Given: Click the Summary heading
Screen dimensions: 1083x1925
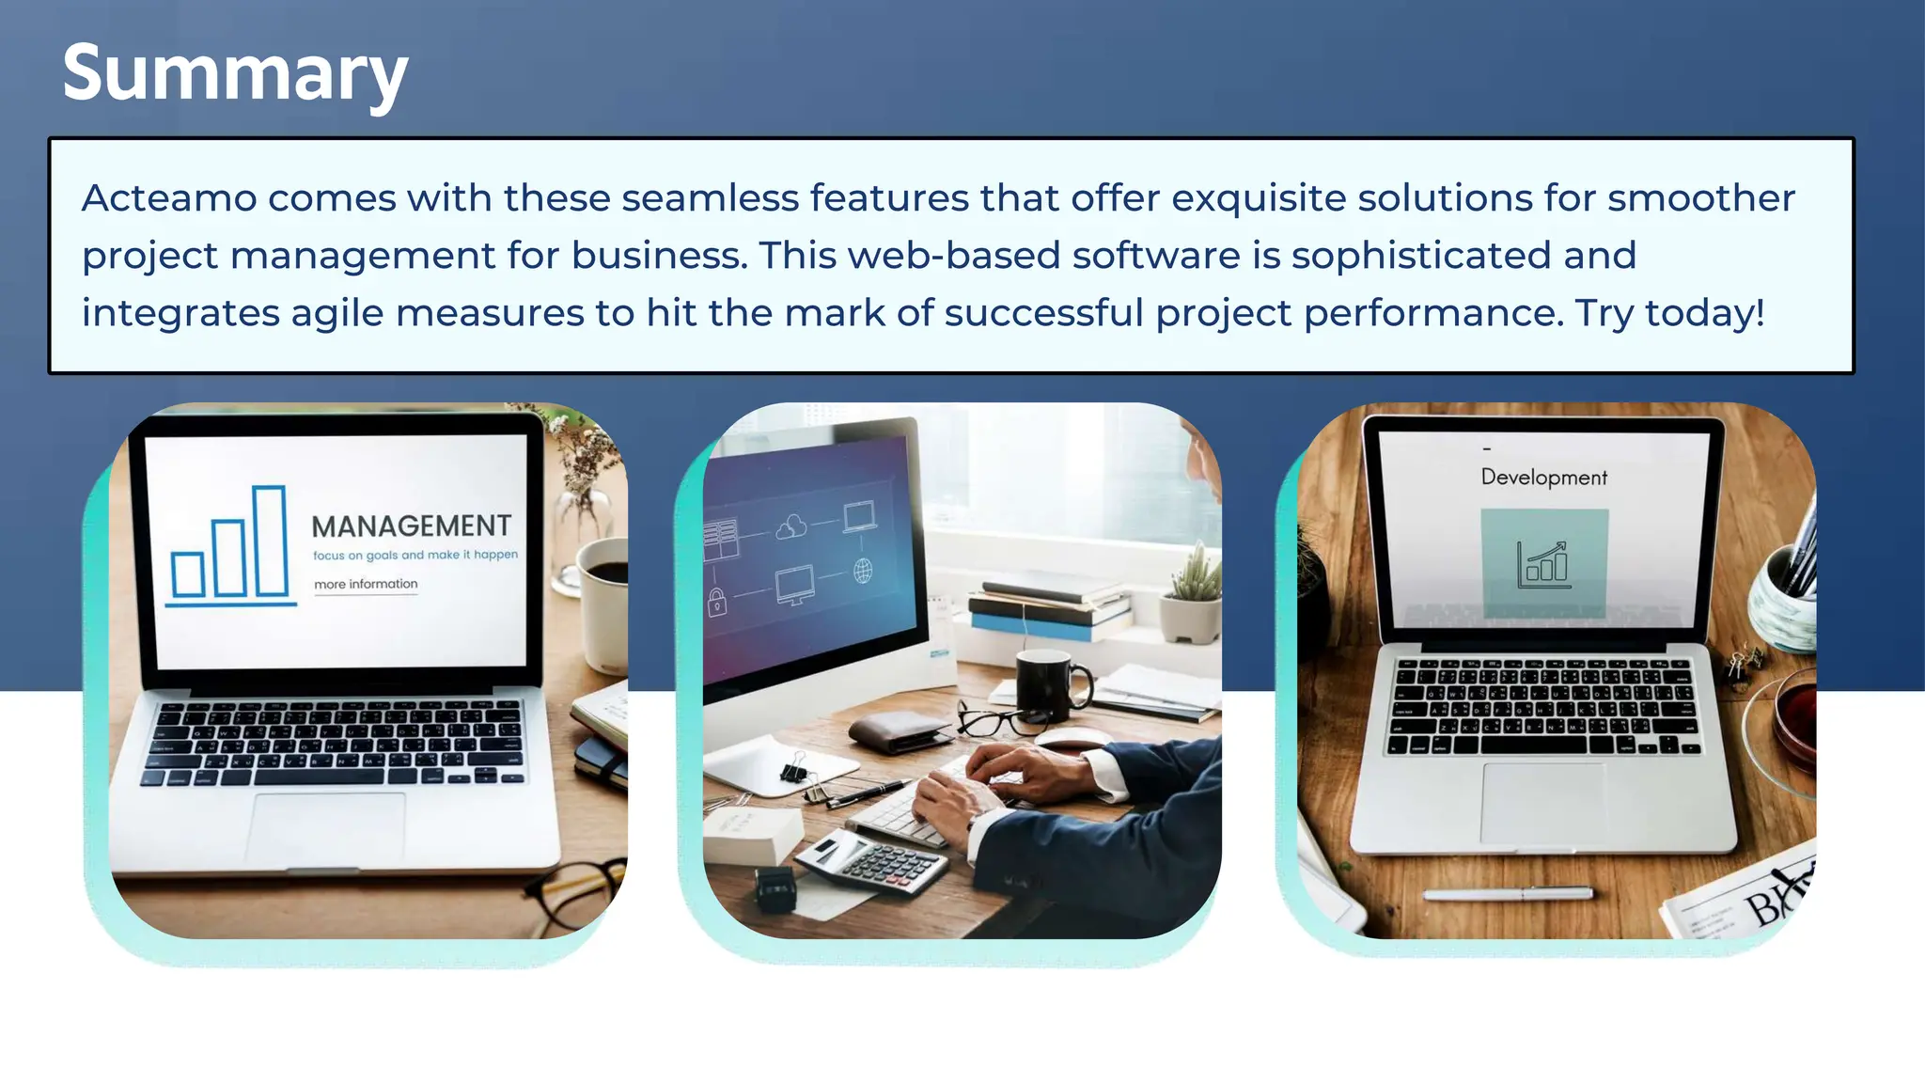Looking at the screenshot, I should (235, 75).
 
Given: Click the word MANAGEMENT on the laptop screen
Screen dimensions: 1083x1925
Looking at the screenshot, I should (412, 526).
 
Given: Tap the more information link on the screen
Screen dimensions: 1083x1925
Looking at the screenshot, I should (366, 585).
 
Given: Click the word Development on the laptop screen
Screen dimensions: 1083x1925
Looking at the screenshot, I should (1543, 478).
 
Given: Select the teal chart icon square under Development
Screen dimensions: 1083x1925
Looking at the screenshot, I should (1544, 564).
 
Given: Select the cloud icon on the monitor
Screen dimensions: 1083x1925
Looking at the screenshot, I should (791, 526).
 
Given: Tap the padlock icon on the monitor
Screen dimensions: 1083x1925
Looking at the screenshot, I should (717, 602).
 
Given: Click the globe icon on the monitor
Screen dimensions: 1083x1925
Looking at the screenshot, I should (863, 570).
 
